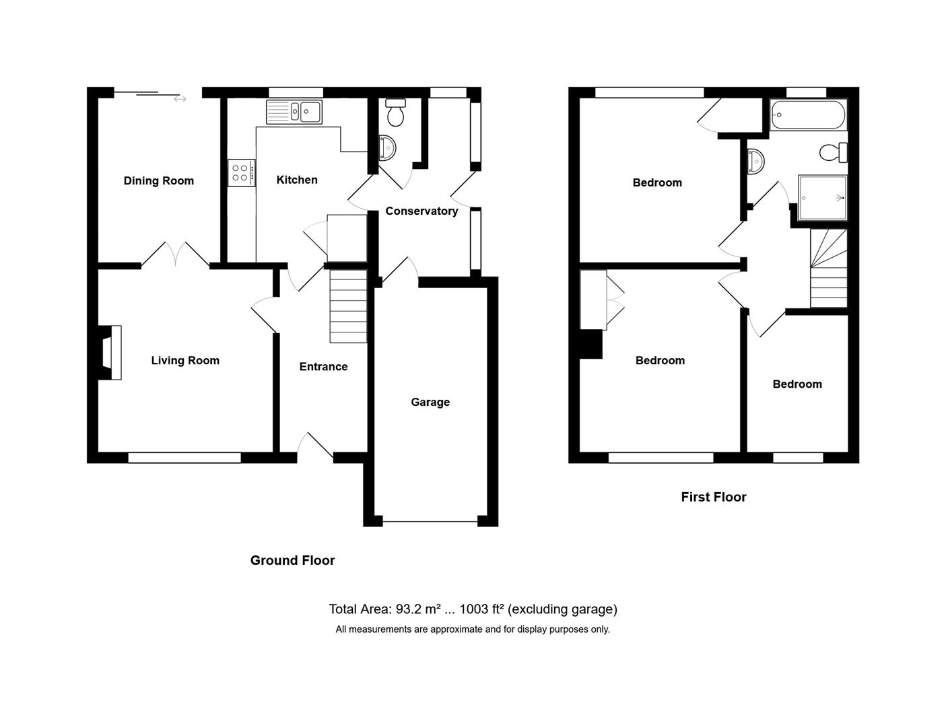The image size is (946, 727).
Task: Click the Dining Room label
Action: (x=158, y=180)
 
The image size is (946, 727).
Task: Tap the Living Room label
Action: (x=185, y=360)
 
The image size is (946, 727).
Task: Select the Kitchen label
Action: (x=297, y=180)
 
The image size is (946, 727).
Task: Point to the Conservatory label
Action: (x=421, y=211)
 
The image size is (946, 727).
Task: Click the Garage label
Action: (x=430, y=402)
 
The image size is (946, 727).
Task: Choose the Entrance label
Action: (x=323, y=366)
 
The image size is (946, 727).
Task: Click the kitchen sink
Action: (x=294, y=112)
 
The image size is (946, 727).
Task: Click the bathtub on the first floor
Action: (x=808, y=115)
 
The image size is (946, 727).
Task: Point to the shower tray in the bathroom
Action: (x=822, y=198)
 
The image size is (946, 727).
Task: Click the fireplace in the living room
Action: (x=110, y=352)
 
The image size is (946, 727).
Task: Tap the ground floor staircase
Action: (x=348, y=306)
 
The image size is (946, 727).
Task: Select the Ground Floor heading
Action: (x=292, y=560)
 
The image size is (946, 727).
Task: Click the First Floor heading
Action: (x=713, y=497)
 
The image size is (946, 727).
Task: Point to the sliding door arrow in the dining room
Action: (x=180, y=100)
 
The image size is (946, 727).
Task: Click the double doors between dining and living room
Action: (x=175, y=254)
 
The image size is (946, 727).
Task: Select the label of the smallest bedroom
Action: (x=797, y=384)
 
